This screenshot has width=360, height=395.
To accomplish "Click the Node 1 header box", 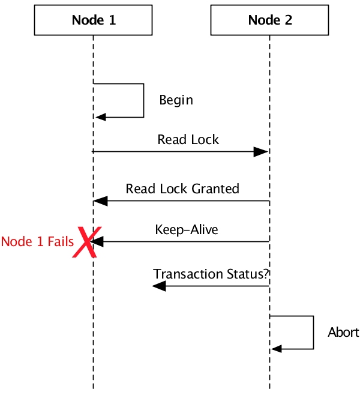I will point(94,20).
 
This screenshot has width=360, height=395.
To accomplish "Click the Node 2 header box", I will point(270,20).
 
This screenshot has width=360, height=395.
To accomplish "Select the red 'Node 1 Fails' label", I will point(37,242).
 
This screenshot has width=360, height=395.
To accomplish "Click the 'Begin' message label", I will point(176,100).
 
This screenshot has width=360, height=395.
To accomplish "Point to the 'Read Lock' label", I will point(188,140).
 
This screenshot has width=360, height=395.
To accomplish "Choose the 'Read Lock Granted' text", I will point(182,188).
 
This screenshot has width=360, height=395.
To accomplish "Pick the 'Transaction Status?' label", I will point(211,274).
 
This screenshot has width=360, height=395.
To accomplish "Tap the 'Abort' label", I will point(343,332).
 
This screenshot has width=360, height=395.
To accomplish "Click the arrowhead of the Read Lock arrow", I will point(262,152).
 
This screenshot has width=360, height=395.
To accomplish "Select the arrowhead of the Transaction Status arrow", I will point(159,286).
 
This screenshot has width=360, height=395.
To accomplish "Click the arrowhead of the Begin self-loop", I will point(101,117).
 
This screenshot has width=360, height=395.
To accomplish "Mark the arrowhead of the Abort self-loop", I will point(277,349).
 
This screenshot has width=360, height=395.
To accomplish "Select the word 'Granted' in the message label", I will point(217,188).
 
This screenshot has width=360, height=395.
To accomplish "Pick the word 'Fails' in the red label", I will point(61,242).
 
